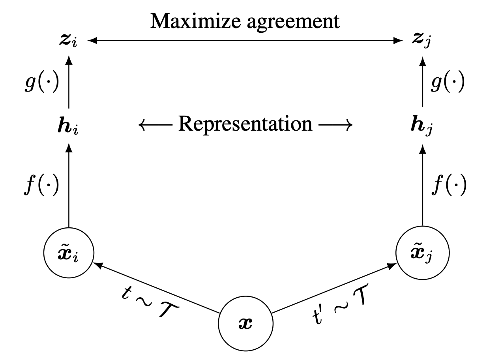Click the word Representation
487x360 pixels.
[245, 124]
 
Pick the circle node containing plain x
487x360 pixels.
[245, 324]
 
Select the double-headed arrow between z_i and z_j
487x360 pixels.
[245, 40]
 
